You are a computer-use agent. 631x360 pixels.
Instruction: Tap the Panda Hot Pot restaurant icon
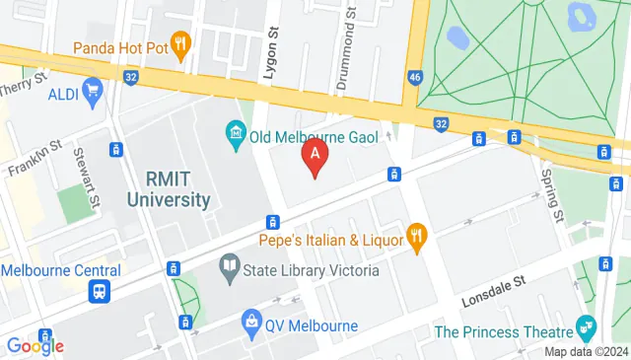180,43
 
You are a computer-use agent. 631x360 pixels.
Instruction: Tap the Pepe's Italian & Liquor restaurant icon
419,238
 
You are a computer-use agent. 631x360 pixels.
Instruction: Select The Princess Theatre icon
587,324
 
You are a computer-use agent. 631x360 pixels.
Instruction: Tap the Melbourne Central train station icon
100,292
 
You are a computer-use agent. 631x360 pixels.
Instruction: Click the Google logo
35,345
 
